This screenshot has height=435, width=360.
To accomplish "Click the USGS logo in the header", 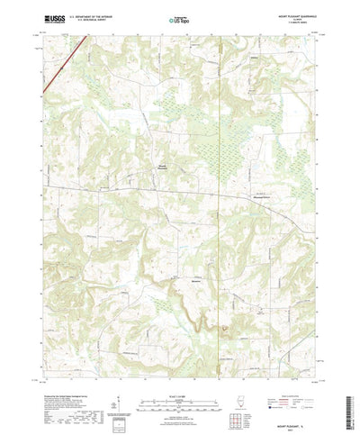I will [x=51, y=18].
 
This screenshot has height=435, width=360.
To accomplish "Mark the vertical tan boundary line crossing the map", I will [x=219, y=180].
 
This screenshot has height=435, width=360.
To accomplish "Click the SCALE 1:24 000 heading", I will [x=179, y=369].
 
